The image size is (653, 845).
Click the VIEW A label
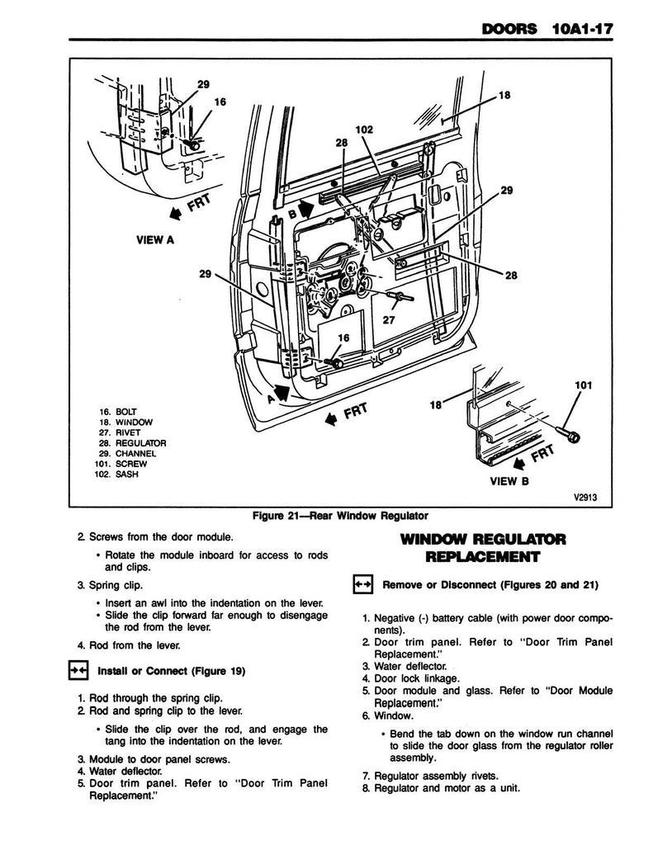[x=154, y=240]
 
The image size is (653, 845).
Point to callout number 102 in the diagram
[x=364, y=130]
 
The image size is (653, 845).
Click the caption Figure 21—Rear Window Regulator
[x=328, y=517]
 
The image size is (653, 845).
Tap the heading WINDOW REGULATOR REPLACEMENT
[x=482, y=548]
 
